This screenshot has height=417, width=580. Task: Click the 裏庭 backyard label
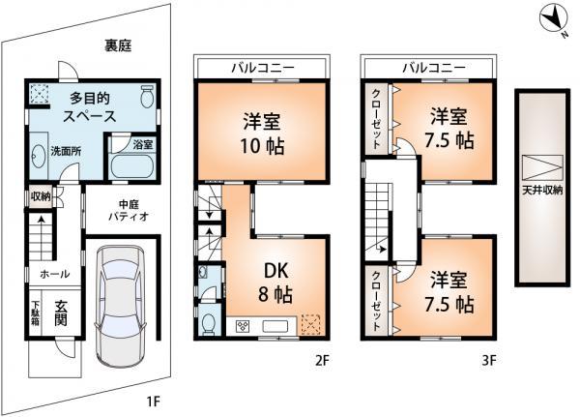point(118,45)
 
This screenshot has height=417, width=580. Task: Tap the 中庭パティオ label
point(129,210)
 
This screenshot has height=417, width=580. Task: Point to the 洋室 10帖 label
point(256,134)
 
